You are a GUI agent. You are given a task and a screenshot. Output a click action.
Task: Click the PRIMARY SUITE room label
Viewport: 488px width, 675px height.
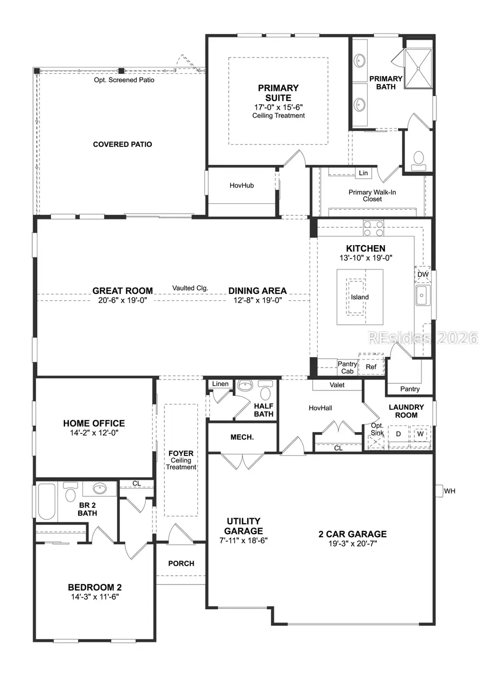point(278,93)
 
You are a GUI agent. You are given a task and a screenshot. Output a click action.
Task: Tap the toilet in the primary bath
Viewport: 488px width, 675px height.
point(418,158)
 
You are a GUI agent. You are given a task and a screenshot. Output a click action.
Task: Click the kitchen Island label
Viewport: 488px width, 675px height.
point(359,297)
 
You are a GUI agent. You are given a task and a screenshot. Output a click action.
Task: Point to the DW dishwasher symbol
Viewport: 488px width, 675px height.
point(423,275)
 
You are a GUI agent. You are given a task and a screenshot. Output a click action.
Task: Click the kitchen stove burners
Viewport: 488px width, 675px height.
point(373,228)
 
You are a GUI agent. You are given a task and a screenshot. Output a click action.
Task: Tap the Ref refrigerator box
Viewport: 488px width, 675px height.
point(371,367)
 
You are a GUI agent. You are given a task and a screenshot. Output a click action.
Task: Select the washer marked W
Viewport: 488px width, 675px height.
point(420,434)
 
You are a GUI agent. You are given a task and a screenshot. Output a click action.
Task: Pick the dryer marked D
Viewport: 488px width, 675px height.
point(398,434)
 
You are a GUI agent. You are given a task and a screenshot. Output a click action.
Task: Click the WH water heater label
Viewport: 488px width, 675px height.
point(450,491)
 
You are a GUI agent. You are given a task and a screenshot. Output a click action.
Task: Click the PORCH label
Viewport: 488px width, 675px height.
point(181,563)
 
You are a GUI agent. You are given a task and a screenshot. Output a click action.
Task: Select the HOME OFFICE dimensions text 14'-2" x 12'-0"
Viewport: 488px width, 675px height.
point(94,434)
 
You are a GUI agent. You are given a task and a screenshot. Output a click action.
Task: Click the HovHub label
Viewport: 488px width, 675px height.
point(242,185)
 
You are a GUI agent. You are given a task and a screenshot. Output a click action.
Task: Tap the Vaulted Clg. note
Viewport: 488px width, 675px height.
point(190,288)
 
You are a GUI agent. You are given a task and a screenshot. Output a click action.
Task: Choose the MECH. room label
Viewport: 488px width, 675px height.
point(242,436)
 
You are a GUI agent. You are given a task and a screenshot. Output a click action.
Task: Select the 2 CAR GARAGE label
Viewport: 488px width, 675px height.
point(352,534)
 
